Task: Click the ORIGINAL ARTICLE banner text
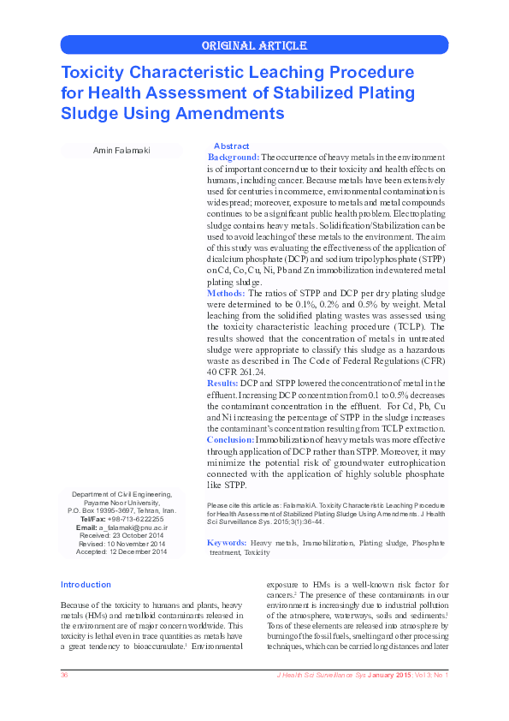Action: point(254,45)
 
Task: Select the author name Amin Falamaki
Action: point(121,151)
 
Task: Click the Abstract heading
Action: point(231,146)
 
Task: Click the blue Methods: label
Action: point(226,293)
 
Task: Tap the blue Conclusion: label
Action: point(230,438)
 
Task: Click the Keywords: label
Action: point(227,543)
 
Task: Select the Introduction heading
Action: point(86,584)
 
